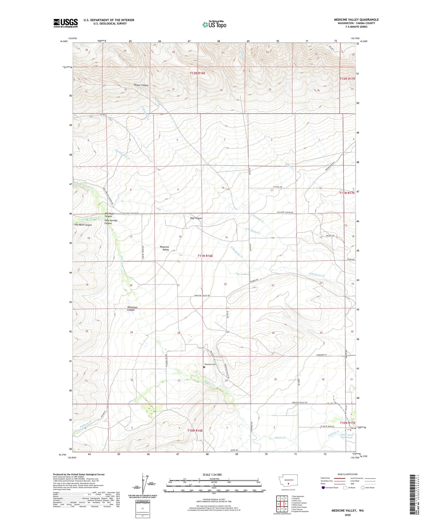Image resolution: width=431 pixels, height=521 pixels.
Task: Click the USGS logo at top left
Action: point(66,23)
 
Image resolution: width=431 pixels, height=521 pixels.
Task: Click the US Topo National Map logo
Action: point(214,24)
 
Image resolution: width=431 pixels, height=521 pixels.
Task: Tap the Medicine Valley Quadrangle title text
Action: point(356,20)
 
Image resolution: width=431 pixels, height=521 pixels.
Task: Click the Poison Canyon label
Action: point(141,85)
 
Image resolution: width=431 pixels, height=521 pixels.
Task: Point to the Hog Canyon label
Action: point(196,218)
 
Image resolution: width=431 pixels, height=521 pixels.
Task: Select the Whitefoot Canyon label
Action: point(132,309)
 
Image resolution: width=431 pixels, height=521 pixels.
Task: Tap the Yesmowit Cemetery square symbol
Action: point(204,367)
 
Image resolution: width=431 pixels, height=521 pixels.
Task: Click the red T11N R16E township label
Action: point(205,255)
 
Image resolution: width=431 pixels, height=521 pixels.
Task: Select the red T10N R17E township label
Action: point(347,423)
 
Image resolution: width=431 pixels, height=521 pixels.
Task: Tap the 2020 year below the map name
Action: point(347,515)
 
